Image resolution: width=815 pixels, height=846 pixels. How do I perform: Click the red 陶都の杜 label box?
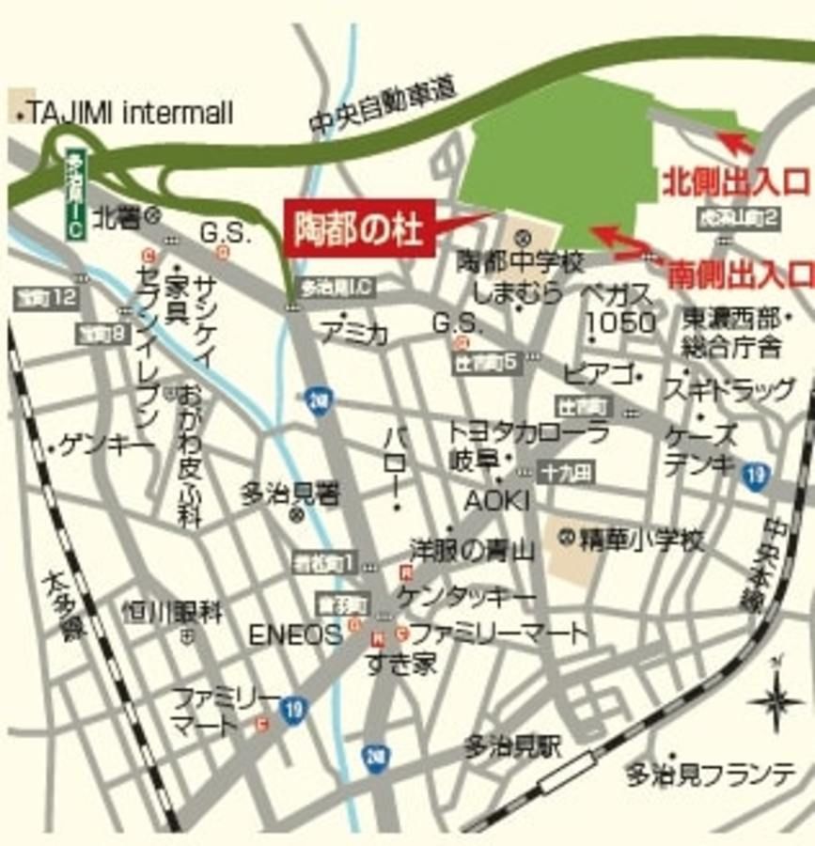click(x=359, y=228)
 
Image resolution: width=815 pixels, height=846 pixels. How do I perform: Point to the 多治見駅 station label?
click(x=512, y=747)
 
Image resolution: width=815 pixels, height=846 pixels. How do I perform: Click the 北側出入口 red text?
click(x=736, y=180)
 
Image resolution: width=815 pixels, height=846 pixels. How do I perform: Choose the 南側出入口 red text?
click(x=741, y=275)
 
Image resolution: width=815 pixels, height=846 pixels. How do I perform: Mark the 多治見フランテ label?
click(x=711, y=775)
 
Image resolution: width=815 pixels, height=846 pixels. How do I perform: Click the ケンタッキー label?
click(x=466, y=598)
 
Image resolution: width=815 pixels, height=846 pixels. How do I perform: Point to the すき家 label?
click(x=401, y=664)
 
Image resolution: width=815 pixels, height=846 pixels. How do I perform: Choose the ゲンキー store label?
click(x=106, y=446)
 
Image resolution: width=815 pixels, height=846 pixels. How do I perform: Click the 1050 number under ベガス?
click(x=620, y=322)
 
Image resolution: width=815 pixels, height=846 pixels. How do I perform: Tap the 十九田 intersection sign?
click(x=566, y=473)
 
